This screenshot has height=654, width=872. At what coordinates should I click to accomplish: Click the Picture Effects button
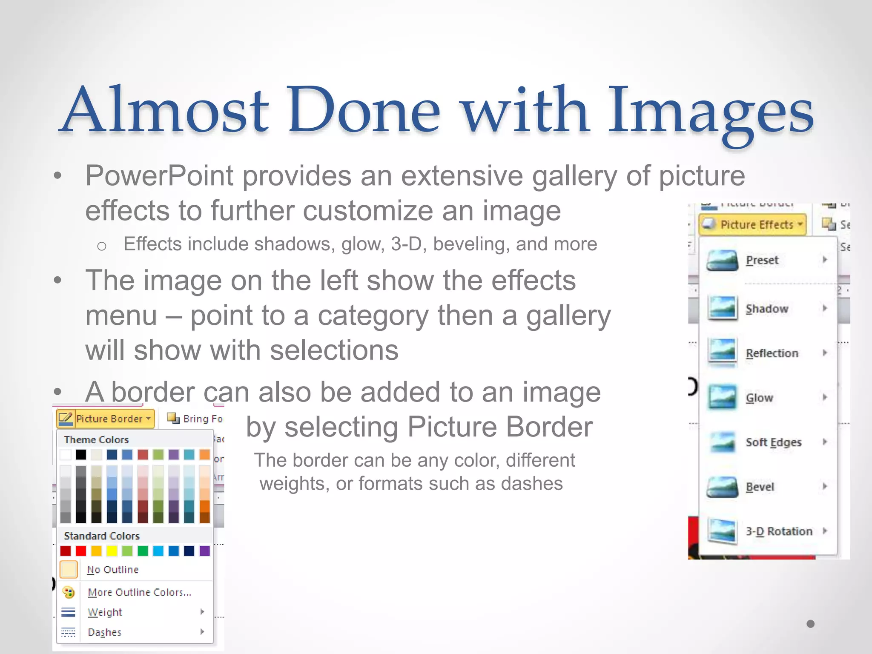(x=752, y=224)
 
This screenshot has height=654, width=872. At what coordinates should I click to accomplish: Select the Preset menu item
(x=762, y=260)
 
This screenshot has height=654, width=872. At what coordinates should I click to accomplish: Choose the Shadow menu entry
(x=766, y=309)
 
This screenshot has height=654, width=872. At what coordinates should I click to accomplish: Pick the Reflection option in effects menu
(x=772, y=353)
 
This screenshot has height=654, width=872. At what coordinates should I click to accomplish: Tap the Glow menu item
(x=759, y=398)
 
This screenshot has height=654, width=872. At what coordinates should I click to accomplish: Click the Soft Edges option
(x=773, y=442)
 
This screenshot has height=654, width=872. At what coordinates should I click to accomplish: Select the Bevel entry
(x=760, y=487)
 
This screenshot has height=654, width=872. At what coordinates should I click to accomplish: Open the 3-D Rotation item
(x=778, y=531)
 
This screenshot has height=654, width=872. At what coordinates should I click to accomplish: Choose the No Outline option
(x=112, y=570)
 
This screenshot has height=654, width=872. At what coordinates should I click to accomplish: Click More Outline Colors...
(x=139, y=592)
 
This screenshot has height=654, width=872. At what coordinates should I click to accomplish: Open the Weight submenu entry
(x=105, y=612)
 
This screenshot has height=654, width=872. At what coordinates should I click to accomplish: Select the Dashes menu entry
(x=104, y=632)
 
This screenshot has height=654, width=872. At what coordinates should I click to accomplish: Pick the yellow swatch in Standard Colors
(x=112, y=551)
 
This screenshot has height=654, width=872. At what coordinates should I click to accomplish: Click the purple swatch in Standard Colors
(x=205, y=551)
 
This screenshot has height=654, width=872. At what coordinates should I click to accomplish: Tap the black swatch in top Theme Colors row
(x=81, y=455)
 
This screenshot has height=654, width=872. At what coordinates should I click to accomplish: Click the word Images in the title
(x=710, y=112)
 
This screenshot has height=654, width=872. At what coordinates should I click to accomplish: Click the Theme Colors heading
(x=96, y=440)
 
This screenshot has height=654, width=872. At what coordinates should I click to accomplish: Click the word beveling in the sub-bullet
(x=472, y=244)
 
